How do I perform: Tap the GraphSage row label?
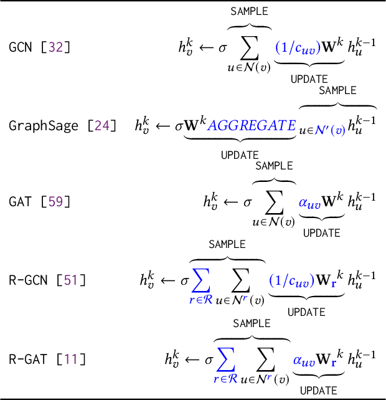tap(44, 125)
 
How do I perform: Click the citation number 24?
tap(101, 125)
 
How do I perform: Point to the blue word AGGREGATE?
tap(252, 125)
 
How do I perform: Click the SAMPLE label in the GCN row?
tap(249, 12)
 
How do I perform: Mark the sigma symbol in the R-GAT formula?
tap(209, 359)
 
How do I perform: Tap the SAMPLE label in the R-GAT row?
tap(252, 323)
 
